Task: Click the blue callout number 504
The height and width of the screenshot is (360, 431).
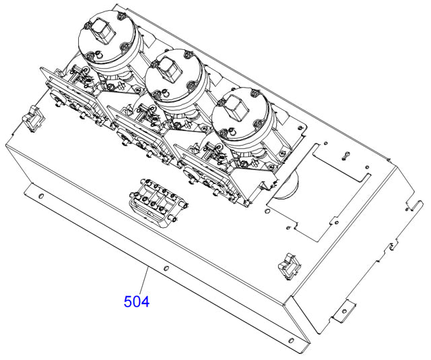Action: coord(136,300)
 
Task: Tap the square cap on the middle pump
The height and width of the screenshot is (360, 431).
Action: coord(167,67)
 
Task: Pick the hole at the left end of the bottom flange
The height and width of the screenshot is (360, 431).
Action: coord(41,196)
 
